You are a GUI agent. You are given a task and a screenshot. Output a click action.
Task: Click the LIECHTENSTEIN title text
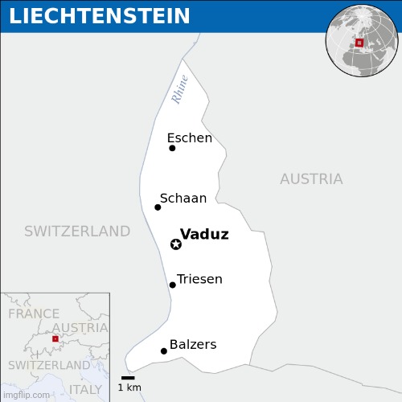(100, 16)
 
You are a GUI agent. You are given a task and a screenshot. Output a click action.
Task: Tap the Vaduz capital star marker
(176, 244)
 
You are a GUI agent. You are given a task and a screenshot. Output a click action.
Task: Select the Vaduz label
(204, 235)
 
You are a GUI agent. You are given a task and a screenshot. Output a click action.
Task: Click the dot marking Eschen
(172, 148)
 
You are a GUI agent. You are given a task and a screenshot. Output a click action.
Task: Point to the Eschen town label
(190, 138)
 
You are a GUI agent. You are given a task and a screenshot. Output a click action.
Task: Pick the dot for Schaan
(158, 207)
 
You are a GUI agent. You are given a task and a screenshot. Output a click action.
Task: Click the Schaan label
(183, 199)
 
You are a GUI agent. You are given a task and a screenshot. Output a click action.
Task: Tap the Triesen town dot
(172, 285)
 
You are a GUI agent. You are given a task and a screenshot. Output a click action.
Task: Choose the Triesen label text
(199, 280)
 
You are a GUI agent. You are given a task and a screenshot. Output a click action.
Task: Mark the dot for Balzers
(164, 351)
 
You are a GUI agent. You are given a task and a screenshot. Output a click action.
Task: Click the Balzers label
(193, 345)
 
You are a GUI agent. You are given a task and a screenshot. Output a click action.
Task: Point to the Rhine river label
(180, 89)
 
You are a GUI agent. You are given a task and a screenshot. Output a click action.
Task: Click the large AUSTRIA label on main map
(311, 179)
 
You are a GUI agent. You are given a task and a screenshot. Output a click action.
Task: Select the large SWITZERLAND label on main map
(77, 232)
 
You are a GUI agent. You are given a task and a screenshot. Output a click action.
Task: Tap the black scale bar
(128, 377)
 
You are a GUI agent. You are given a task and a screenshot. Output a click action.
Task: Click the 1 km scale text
(129, 388)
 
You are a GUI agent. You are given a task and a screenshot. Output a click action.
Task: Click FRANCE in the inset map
(34, 314)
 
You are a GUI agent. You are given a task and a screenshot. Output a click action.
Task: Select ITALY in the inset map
(85, 389)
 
